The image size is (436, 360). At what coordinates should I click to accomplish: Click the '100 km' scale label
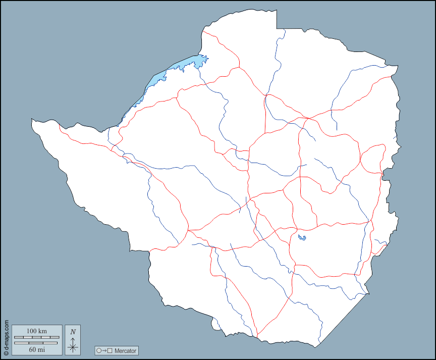36,331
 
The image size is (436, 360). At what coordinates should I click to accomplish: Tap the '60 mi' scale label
36,349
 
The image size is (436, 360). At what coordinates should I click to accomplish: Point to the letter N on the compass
73,332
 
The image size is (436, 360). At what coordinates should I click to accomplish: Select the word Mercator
125,350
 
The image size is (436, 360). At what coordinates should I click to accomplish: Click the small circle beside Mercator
99,350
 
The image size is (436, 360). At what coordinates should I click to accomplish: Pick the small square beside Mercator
110,350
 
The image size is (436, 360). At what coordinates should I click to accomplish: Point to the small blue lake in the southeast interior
302,237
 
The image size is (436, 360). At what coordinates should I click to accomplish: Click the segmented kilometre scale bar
36,337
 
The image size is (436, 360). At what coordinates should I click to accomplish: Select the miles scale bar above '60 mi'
36,343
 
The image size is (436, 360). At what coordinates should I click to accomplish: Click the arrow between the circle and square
104,350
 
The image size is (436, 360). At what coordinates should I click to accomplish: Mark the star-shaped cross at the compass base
73,347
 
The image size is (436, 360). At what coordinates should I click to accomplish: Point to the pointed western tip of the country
32,120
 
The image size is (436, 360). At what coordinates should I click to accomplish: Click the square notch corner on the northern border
277,27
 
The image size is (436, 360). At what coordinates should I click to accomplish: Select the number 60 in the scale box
32,349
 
